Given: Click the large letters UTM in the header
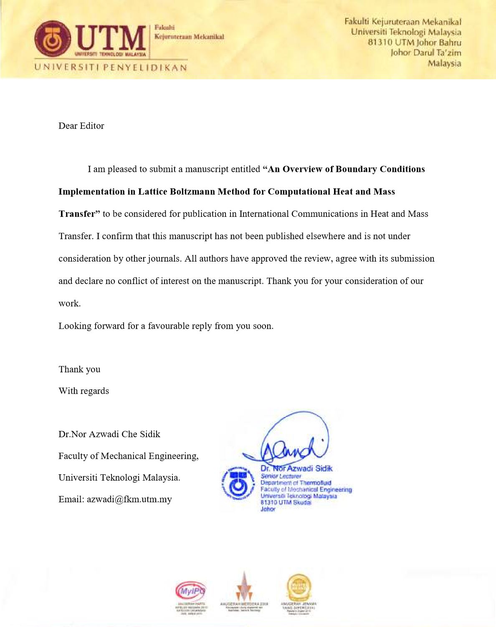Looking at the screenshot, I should pos(111,38).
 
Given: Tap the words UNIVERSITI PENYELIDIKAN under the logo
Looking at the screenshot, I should pos(111,68).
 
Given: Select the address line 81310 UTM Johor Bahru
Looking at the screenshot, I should pos(414,42).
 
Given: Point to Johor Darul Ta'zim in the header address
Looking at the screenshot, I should pos(425,53).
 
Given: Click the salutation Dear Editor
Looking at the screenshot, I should pos(81,126).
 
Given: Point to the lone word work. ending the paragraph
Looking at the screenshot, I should pos(69,304).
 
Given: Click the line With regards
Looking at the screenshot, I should pos(84,391).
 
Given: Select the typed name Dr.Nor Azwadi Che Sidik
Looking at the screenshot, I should pos(109,434).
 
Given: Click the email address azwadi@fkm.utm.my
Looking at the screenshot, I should pos(129,499).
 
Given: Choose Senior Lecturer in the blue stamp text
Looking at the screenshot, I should pos(281,476).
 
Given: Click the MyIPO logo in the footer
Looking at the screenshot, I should pos(190,590).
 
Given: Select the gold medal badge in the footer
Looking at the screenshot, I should pos(299,588).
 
